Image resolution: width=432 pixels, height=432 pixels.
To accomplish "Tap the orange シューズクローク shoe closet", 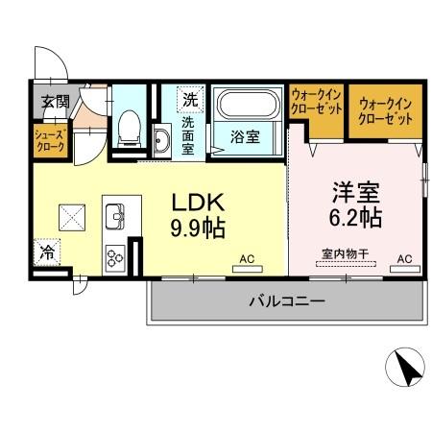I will [x=49, y=141].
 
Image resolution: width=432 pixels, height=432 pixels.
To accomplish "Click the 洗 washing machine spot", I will [x=191, y=99].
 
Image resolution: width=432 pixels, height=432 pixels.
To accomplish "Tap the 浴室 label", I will [x=244, y=137].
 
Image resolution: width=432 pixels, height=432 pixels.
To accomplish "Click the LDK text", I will [x=198, y=204].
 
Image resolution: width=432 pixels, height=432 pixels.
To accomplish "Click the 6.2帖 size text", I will [x=355, y=217].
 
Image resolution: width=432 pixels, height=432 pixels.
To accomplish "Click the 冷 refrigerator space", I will [x=46, y=254].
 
